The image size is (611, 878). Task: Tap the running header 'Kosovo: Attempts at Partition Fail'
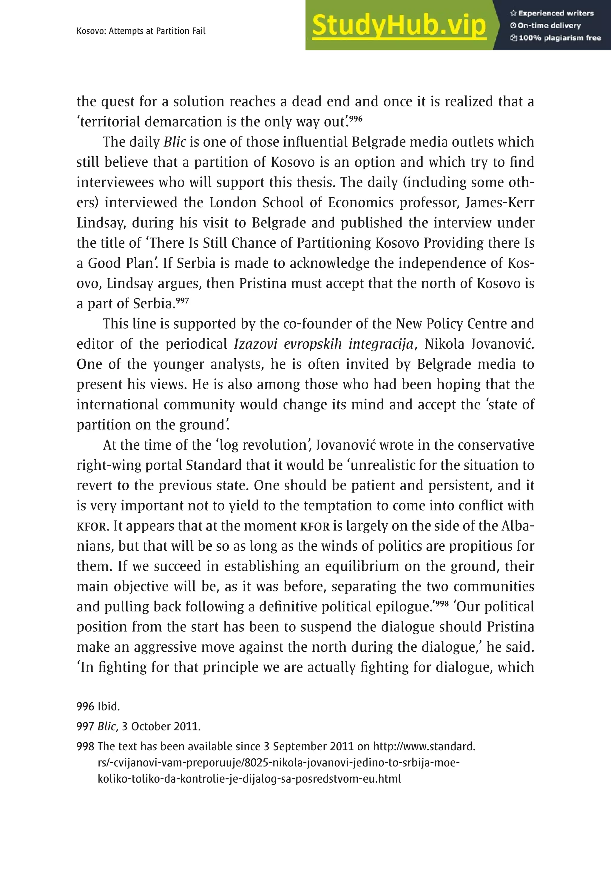click(x=141, y=31)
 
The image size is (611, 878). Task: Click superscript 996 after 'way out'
click(x=356, y=118)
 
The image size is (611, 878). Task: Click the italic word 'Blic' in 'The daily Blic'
click(x=175, y=142)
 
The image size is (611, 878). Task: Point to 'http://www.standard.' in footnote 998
click(x=424, y=746)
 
